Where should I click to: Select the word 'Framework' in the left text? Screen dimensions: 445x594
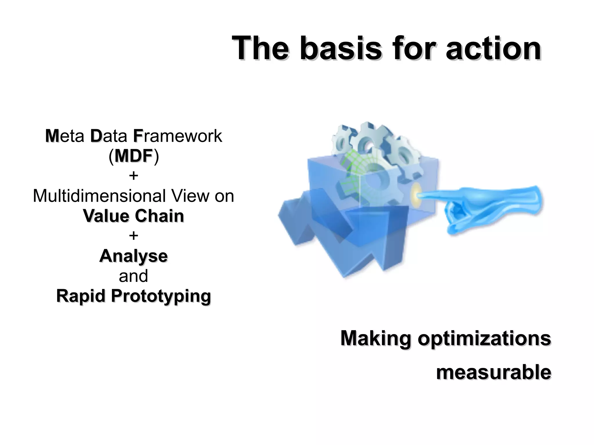click(178, 136)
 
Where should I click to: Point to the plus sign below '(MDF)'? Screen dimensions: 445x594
click(133, 176)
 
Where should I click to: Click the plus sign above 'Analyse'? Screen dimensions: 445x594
click(133, 236)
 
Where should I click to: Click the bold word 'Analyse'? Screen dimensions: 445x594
click(133, 256)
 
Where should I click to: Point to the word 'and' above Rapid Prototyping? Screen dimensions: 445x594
click(133, 276)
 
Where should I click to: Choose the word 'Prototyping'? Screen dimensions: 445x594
click(161, 296)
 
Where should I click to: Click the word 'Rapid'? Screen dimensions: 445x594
click(80, 296)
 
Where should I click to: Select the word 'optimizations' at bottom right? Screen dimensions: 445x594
click(484, 338)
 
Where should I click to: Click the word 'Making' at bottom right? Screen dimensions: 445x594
click(376, 338)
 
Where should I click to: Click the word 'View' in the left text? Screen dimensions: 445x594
click(190, 196)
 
